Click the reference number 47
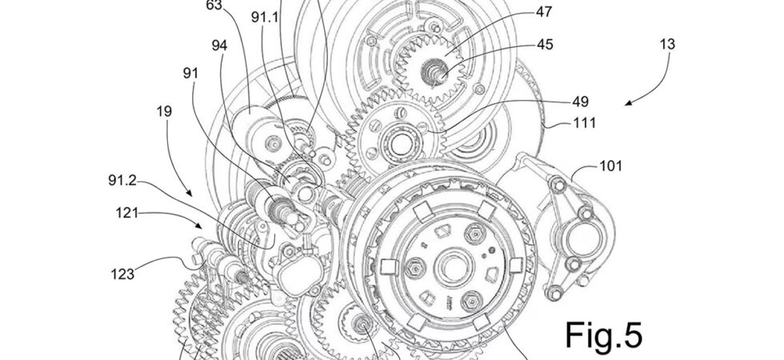pyautogui.click(x=544, y=12)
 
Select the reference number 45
pyautogui.click(x=545, y=45)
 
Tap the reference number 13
pyautogui.click(x=667, y=44)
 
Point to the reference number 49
pyautogui.click(x=580, y=102)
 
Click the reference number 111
pyautogui.click(x=585, y=122)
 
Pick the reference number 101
pyautogui.click(x=610, y=166)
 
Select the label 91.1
pyautogui.click(x=265, y=18)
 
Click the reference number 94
pyautogui.click(x=219, y=46)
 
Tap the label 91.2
pyautogui.click(x=122, y=180)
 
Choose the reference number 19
pyautogui.click(x=164, y=111)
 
